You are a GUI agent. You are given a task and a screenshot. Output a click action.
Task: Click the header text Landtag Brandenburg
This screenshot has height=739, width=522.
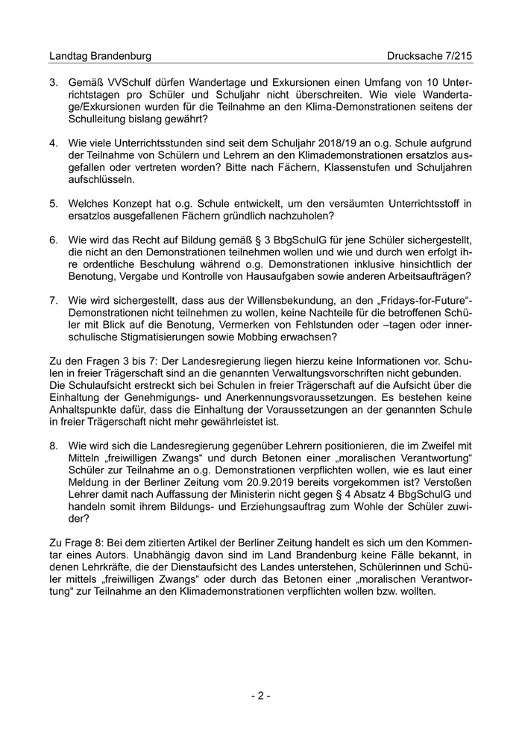[100, 56]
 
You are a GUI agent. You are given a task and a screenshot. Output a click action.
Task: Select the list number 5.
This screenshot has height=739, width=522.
[53, 202]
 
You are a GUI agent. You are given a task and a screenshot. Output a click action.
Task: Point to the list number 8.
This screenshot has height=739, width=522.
[53, 445]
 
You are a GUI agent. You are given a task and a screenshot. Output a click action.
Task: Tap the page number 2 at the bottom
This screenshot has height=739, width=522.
[260, 696]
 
